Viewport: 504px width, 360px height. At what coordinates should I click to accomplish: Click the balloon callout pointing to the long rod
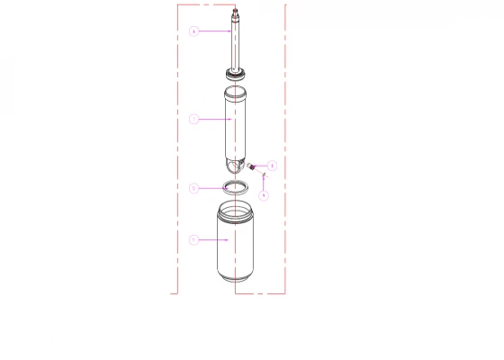[193, 31]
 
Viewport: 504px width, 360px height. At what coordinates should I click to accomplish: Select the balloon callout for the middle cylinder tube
[193, 119]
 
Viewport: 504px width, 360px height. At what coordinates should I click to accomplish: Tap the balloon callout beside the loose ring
[193, 188]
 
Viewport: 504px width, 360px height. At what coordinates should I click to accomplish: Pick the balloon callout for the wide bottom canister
[193, 240]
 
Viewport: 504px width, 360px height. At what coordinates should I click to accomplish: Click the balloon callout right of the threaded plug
[272, 166]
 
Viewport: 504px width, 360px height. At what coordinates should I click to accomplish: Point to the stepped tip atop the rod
[236, 13]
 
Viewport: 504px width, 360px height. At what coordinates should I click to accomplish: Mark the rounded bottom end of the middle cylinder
[235, 166]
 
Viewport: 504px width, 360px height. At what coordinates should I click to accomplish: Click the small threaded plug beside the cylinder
[252, 166]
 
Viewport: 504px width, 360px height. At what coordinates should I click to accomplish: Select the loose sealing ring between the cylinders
[236, 187]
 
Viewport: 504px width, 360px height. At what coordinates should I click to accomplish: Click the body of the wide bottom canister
[236, 247]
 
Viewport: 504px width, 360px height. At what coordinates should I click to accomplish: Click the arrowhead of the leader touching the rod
[233, 31]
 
